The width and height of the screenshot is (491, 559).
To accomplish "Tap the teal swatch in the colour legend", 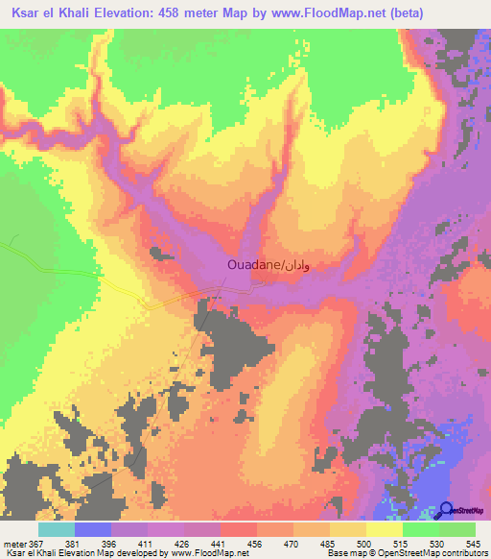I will pyautogui.click(x=56, y=530).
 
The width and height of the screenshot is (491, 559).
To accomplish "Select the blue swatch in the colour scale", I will pyautogui.click(x=92, y=530).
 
